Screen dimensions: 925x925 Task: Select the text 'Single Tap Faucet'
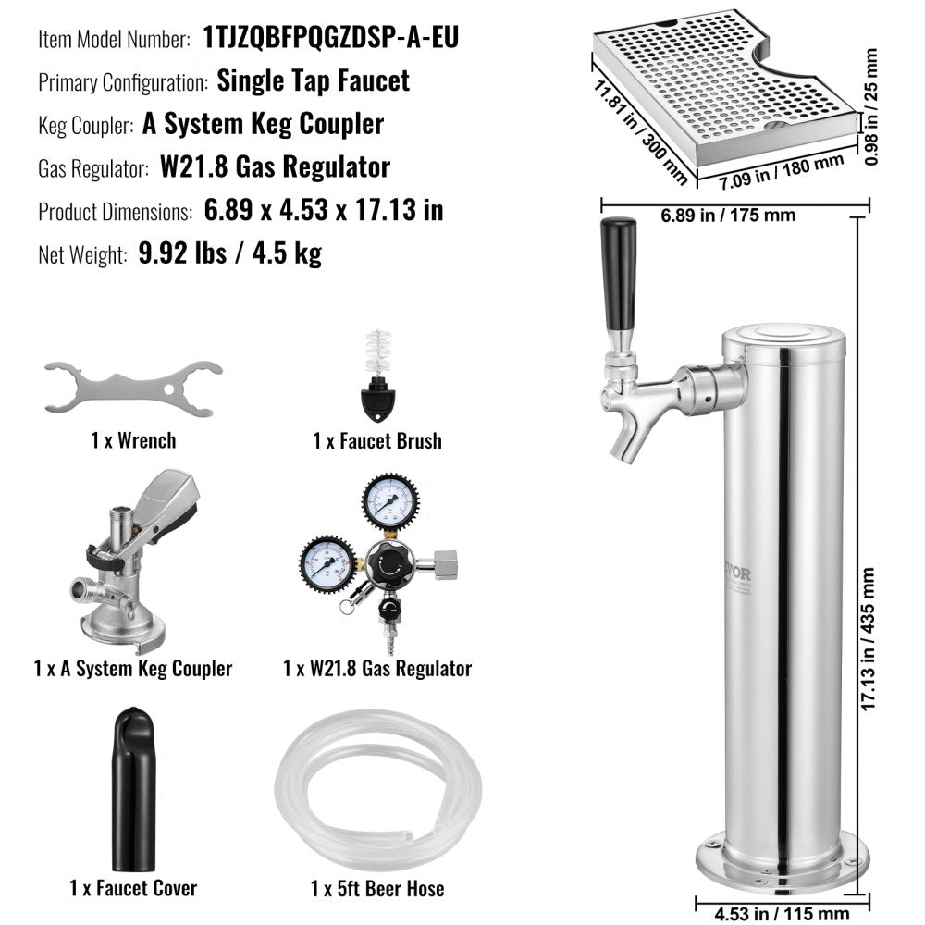click(313, 80)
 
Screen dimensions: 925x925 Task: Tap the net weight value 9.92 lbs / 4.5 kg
click(229, 253)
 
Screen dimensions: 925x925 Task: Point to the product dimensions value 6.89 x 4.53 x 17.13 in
click(323, 210)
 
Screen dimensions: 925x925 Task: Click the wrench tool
click(133, 386)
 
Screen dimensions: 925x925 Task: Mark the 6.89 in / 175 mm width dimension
click(728, 216)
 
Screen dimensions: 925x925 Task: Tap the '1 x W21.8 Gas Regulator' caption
click(377, 668)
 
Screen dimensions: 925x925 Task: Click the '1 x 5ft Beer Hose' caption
click(377, 889)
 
